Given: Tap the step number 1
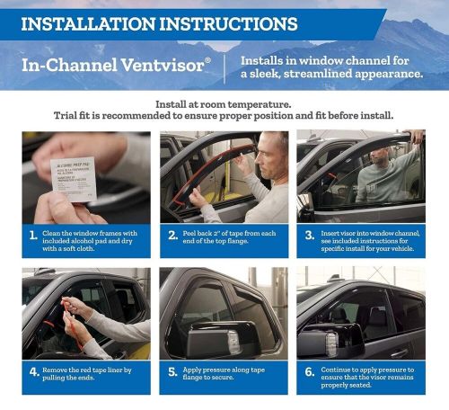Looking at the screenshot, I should [x=32, y=237].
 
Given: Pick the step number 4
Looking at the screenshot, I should [x=32, y=370].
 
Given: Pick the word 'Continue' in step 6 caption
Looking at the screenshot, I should [x=339, y=370].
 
